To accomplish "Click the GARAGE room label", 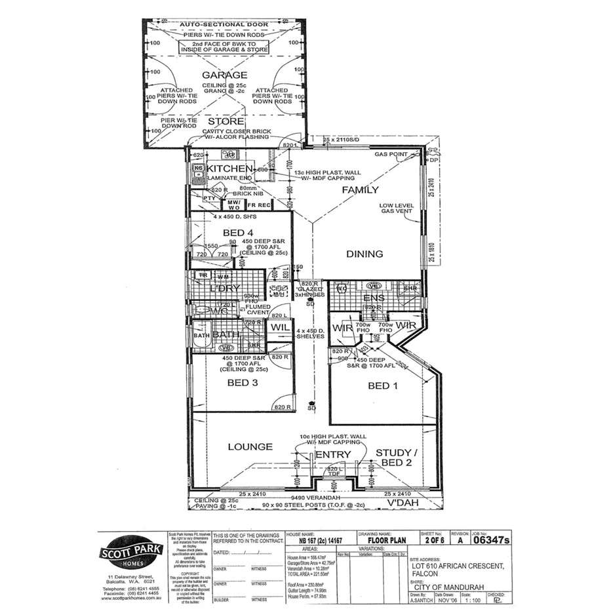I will click(224, 75).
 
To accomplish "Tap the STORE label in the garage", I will click(226, 122).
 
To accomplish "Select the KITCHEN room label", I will click(229, 169).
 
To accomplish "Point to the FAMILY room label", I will click(361, 190).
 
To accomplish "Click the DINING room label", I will click(365, 254).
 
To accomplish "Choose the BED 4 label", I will click(238, 233).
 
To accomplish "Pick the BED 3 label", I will click(242, 383).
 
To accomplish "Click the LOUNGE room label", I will click(250, 447).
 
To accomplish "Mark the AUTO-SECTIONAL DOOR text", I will click(225, 24).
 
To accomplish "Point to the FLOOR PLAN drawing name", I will click(386, 541).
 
